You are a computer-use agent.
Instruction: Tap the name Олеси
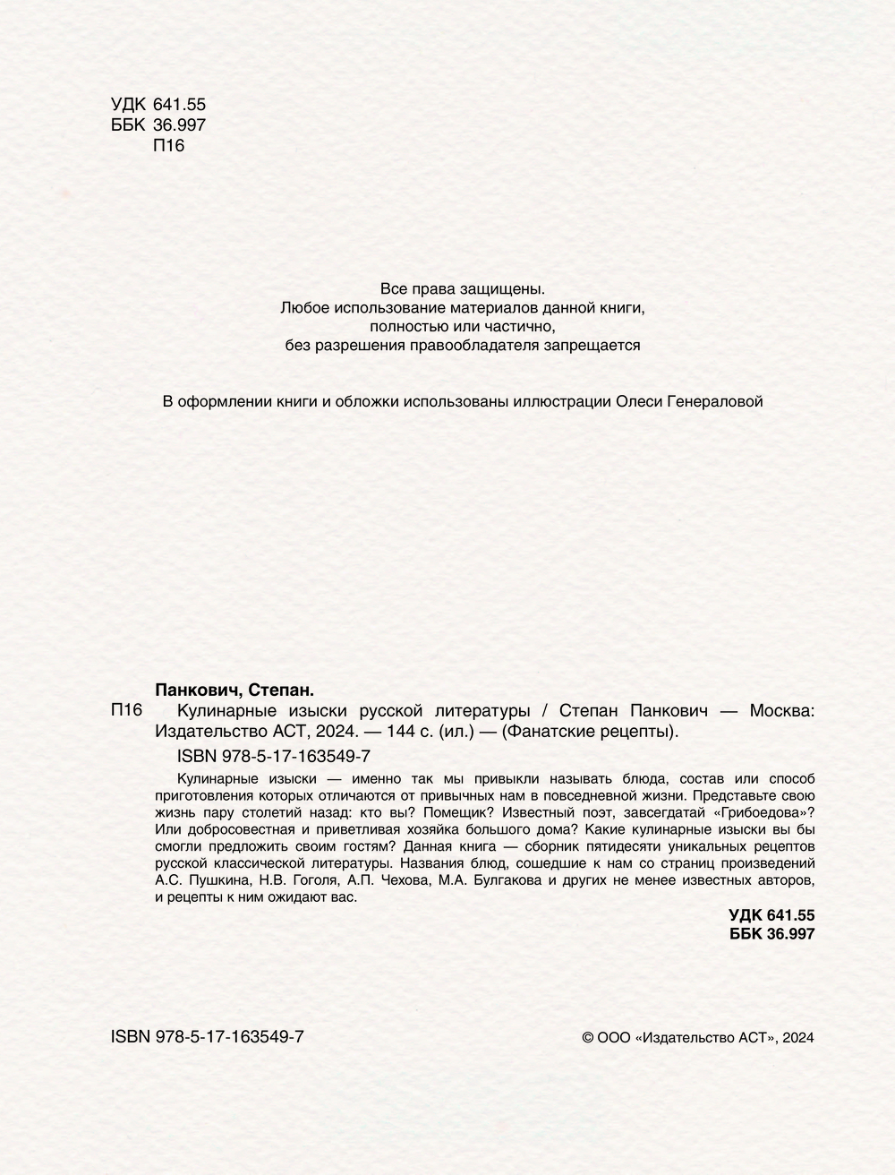click(x=637, y=402)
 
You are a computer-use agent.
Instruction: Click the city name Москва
click(x=781, y=711)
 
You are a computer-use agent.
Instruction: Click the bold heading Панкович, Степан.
click(x=234, y=690)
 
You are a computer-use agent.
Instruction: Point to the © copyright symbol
click(x=588, y=1038)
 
